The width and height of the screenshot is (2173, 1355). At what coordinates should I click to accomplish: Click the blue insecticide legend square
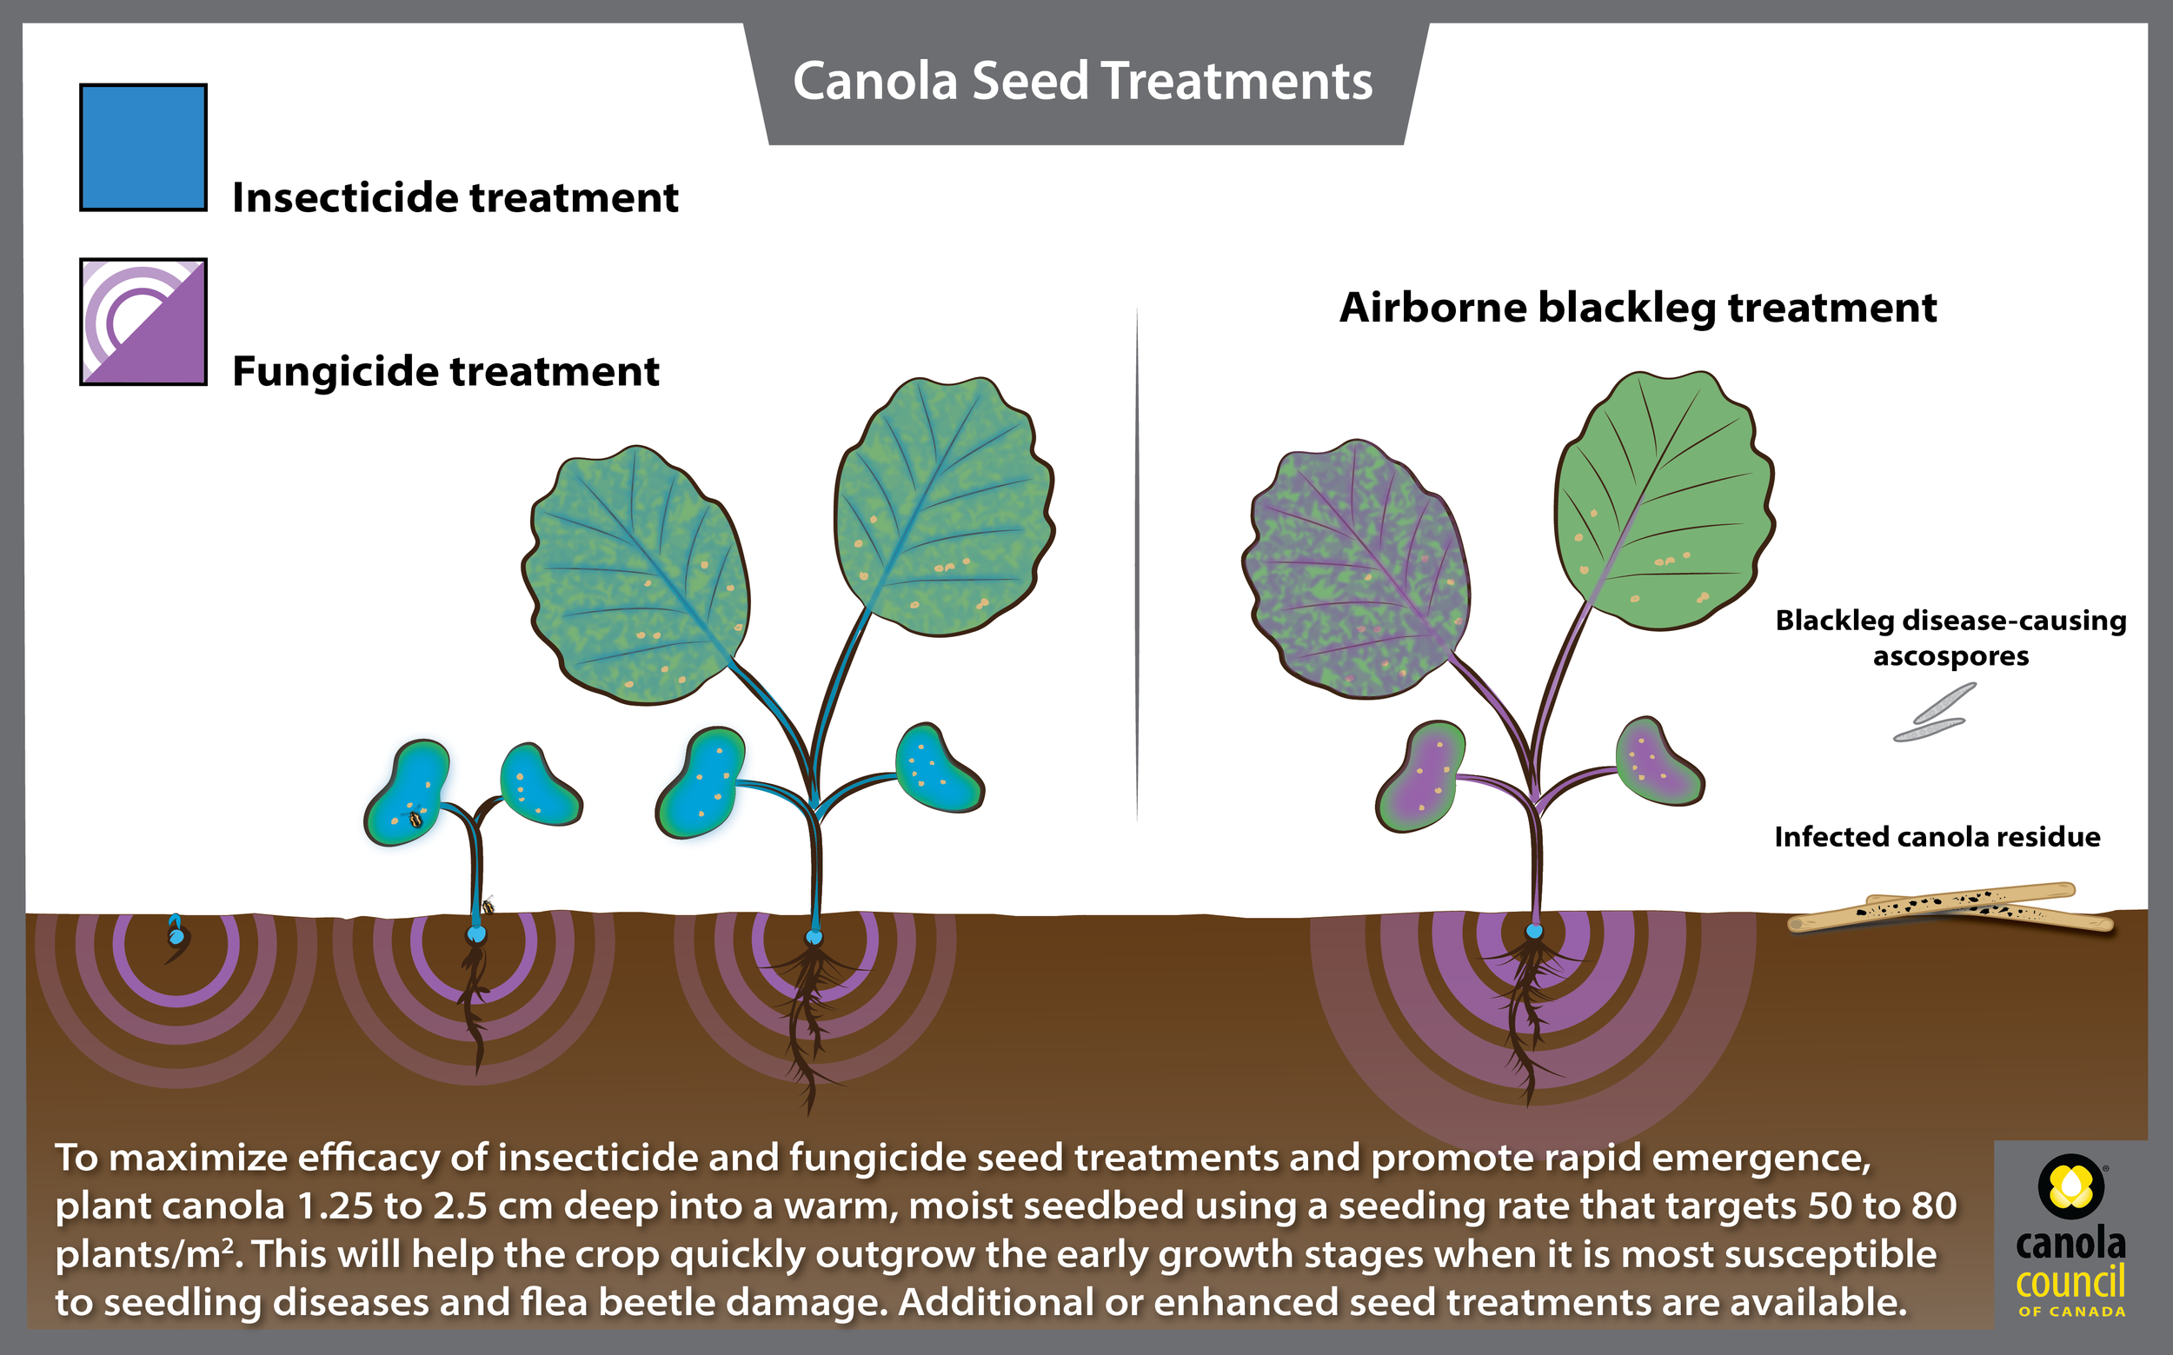coord(143,148)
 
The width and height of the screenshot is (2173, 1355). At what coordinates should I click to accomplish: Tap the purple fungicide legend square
coord(143,322)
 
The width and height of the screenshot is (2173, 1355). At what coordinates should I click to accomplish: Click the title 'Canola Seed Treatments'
coord(1082,82)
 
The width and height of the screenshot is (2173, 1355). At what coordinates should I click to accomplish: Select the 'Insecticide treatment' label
coord(455,198)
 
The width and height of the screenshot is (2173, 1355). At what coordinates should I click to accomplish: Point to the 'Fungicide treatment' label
coord(445,372)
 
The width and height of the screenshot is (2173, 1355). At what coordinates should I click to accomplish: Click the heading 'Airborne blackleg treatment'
coord(1638,309)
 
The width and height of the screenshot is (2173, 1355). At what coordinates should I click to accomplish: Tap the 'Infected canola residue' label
coord(1937,837)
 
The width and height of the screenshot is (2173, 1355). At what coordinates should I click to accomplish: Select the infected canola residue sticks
coord(1950,907)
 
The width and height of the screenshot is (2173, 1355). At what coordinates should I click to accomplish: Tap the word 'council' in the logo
coord(2070,1281)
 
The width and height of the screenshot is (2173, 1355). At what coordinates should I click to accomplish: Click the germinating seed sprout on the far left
coord(176,934)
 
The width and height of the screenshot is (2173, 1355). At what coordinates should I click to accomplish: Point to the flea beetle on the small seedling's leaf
coord(415,818)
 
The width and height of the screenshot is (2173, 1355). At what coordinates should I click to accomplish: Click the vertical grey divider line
coord(1137,565)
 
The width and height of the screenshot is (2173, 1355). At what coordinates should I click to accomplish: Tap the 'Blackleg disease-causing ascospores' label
coord(1950,638)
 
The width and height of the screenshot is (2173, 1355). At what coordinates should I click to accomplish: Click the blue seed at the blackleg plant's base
coord(1534,931)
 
